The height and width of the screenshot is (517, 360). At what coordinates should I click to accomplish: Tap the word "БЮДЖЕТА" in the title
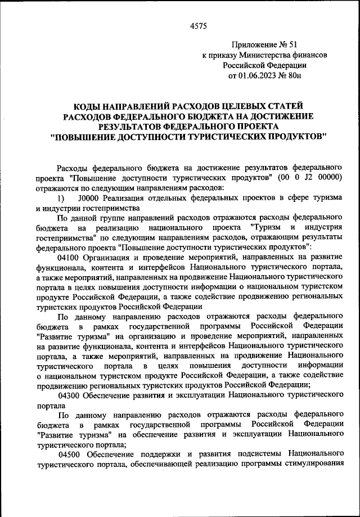[201, 116]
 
